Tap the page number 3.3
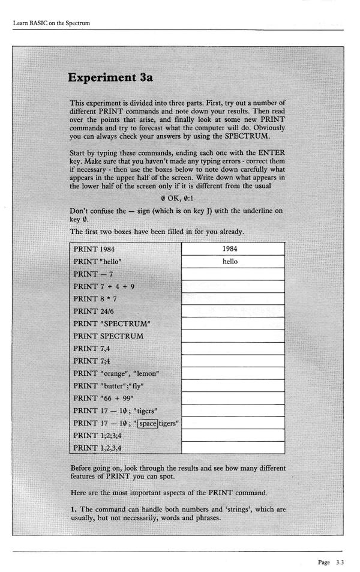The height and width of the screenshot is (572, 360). coord(340,562)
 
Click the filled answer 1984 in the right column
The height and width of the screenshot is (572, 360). coord(230,248)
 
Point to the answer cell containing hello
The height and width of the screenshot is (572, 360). coord(230,261)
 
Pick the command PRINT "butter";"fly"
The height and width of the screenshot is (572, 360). coord(110,386)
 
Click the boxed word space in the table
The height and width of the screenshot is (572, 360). coord(148,424)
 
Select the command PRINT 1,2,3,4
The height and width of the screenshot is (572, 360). coord(98,448)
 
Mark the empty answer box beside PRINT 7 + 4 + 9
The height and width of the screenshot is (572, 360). coord(233,286)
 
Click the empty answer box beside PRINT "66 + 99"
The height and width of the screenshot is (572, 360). coord(233,399)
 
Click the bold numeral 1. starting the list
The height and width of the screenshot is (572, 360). coord(73,510)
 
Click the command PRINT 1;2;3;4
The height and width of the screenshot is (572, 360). coord(98,436)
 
